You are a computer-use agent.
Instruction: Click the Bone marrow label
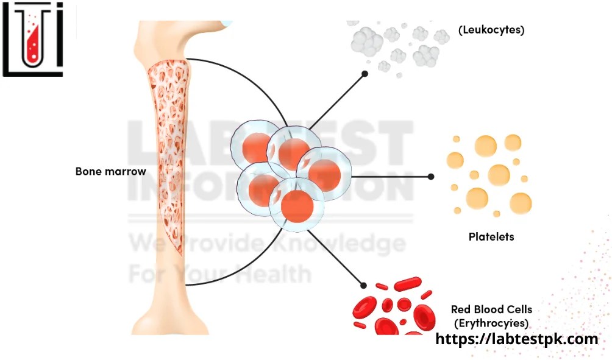[x=110, y=171]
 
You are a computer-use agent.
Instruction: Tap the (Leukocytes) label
[x=491, y=29]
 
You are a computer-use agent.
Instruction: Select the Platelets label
[x=491, y=236]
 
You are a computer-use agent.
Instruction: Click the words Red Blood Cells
[x=491, y=309]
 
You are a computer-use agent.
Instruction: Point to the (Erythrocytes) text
[x=491, y=323]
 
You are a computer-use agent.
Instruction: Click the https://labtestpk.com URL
[x=517, y=339]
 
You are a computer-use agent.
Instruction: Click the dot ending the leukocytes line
[x=365, y=74]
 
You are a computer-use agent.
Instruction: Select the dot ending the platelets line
[x=431, y=177]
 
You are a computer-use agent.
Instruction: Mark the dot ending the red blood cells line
[x=364, y=284]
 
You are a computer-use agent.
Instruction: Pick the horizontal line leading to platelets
[x=390, y=177]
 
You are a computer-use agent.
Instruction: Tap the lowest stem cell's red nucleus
[x=297, y=207]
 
